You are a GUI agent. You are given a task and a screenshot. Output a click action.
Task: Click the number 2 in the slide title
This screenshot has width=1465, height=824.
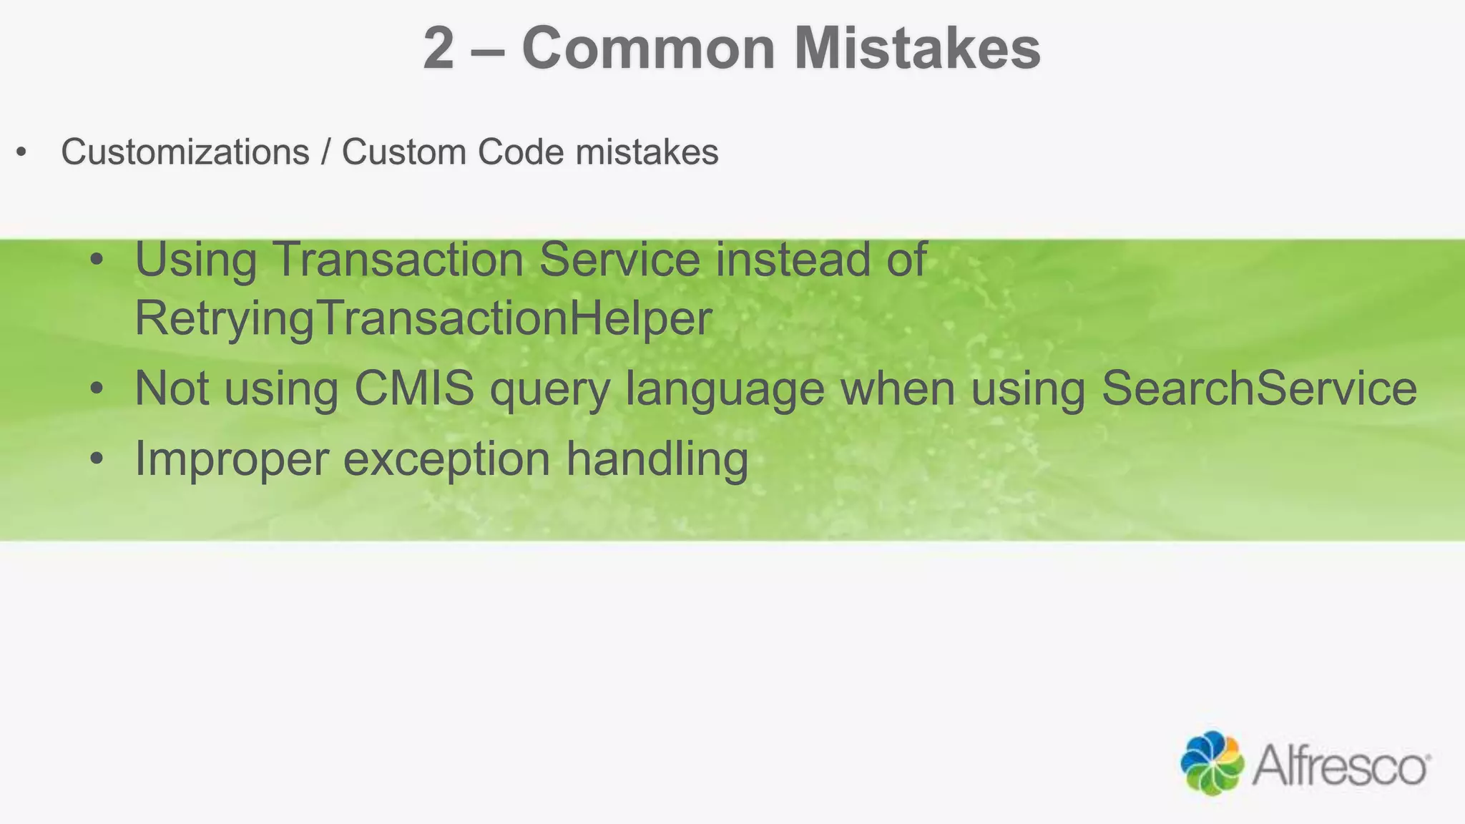[438, 49]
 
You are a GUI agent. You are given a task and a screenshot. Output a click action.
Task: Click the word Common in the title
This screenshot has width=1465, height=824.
[648, 49]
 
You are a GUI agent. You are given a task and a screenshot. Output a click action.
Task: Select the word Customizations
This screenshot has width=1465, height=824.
[185, 152]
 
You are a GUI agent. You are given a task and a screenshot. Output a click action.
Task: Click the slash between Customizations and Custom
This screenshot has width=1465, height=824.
[325, 152]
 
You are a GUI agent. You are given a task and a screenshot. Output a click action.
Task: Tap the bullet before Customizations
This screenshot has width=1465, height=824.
[21, 152]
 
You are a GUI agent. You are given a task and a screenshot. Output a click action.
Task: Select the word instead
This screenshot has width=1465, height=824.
[793, 259]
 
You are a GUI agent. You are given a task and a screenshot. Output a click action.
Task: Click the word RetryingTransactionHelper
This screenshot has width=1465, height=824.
[423, 318]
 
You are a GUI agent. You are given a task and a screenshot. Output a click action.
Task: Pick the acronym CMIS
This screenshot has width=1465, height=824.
[414, 388]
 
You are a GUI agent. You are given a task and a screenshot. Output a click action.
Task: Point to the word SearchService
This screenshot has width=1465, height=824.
[1259, 388]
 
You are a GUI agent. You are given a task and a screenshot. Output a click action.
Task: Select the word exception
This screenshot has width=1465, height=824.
[446, 458]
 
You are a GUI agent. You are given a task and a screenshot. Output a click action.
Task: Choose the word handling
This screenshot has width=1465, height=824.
[657, 458]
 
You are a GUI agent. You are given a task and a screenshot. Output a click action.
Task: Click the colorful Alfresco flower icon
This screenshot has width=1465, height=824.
[1212, 763]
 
